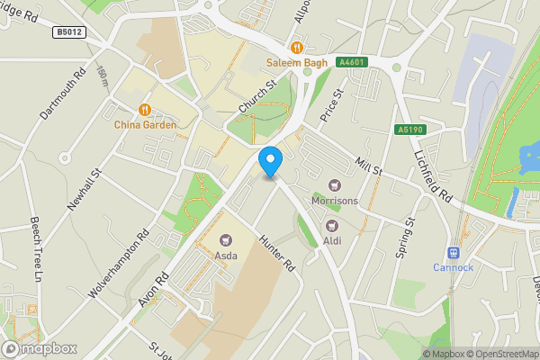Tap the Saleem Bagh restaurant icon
pos(296,48)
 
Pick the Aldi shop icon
pos(331,225)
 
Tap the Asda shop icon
pos(226,240)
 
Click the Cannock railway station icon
pos(453,254)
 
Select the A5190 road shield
pos(409,130)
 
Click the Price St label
pos(332,106)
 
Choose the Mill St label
pos(368,165)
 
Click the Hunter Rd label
pos(276,255)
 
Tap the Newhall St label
pos(85,182)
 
